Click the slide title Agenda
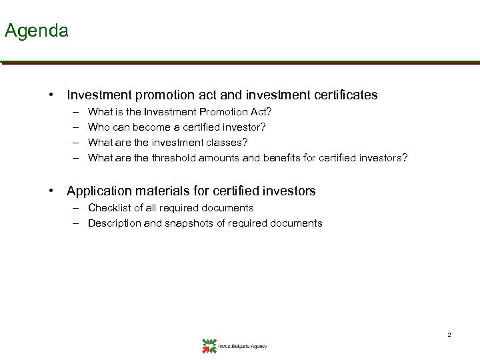36,31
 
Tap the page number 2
449,334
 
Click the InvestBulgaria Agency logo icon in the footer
209,345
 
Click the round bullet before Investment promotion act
51,95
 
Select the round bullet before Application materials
51,191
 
